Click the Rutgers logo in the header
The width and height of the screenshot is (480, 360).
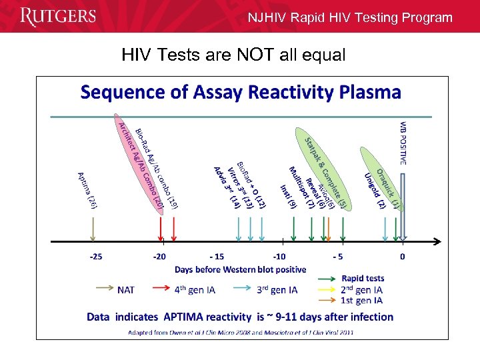click(x=58, y=17)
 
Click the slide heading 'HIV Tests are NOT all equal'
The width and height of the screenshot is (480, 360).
click(x=233, y=55)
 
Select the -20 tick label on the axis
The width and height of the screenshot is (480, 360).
click(x=160, y=256)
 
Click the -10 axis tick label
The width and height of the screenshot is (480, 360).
click(x=279, y=256)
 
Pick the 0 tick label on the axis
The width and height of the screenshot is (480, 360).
click(x=402, y=256)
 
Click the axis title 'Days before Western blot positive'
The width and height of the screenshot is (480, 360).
click(x=241, y=269)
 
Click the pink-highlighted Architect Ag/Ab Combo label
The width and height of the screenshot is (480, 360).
click(x=140, y=163)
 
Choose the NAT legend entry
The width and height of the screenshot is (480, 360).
click(x=125, y=290)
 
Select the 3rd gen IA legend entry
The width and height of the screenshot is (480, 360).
click(x=277, y=290)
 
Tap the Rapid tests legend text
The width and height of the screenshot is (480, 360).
click(x=363, y=279)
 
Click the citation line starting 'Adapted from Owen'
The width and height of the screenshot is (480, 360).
click(x=240, y=331)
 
